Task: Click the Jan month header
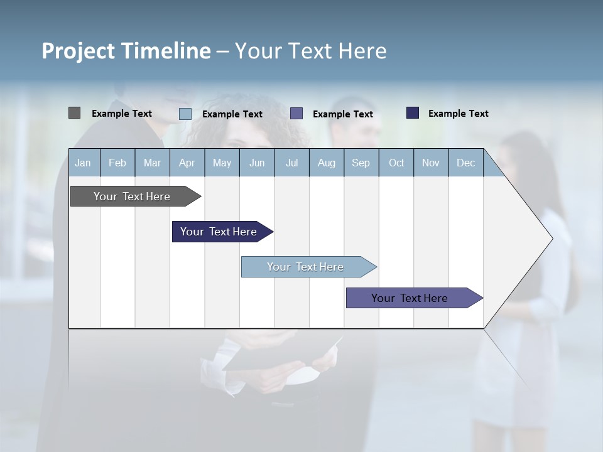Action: (x=83, y=163)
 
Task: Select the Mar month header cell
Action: (x=152, y=163)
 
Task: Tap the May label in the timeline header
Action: (x=222, y=163)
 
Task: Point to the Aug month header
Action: (x=326, y=163)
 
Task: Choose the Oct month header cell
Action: (x=396, y=163)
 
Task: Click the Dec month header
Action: (x=465, y=163)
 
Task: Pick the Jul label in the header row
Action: (x=291, y=163)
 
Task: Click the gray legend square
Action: (x=74, y=113)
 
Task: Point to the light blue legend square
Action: (x=185, y=114)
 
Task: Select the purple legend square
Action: (x=296, y=114)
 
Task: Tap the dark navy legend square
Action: (x=413, y=113)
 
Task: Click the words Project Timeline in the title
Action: (x=126, y=51)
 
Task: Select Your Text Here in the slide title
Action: (x=310, y=51)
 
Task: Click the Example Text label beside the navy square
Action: (x=458, y=114)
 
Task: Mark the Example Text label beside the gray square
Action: (x=122, y=114)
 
